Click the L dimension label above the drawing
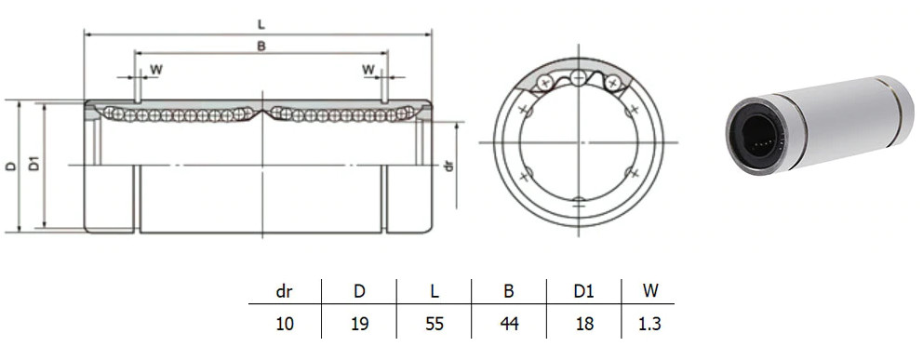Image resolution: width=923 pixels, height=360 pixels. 261,24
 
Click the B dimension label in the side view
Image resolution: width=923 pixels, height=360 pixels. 261,46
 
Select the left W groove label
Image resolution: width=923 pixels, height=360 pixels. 156,70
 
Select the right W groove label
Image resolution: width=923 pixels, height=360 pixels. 368,70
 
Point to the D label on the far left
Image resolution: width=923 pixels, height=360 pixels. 11,166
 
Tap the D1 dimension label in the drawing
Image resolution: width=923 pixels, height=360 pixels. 34,164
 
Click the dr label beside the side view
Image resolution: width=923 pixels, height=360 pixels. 449,167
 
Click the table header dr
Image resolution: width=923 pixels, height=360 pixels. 285,291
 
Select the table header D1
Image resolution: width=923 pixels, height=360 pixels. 584,291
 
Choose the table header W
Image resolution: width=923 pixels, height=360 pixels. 649,291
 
